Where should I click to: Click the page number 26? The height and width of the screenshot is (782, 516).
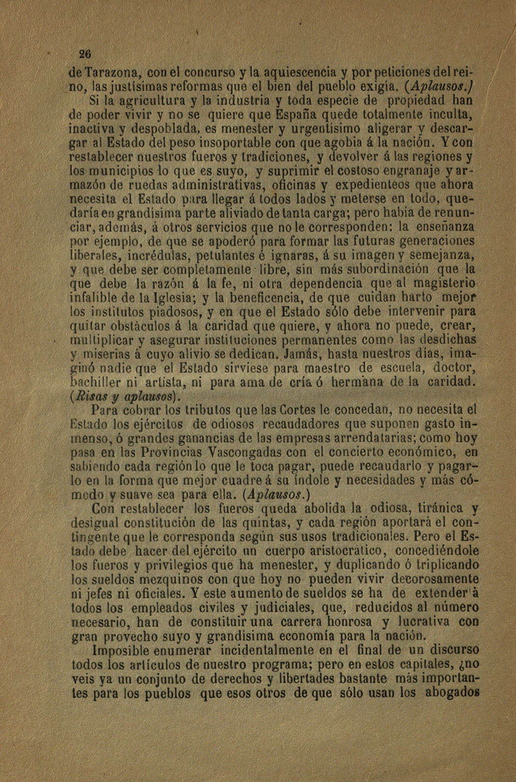click(76, 53)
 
